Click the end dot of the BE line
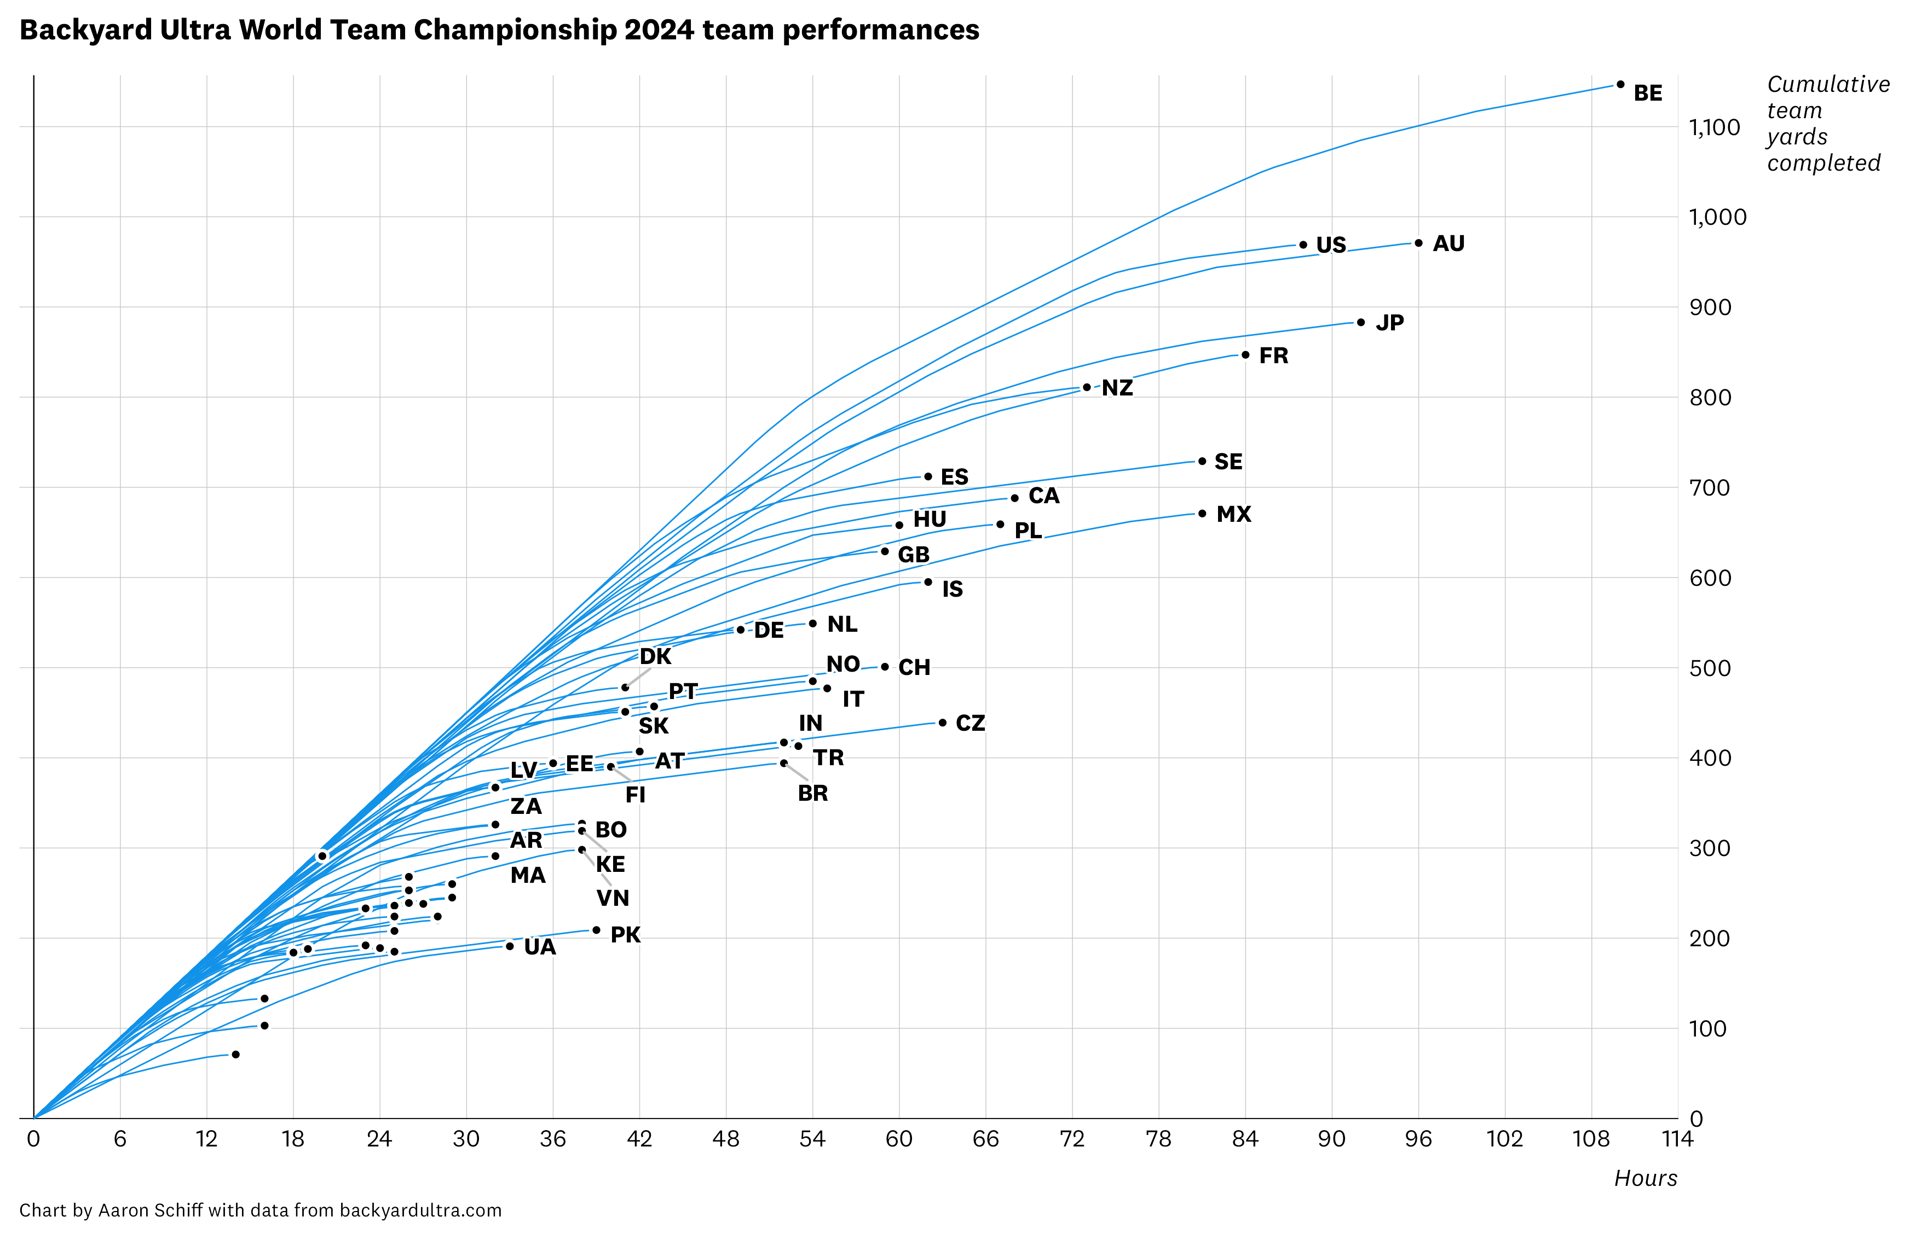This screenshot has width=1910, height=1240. [x=1620, y=84]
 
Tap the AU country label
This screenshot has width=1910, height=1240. [x=1449, y=244]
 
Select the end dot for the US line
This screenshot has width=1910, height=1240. [x=1303, y=244]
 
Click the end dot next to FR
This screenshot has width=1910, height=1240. [x=1245, y=354]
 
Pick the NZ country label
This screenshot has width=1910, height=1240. [x=1117, y=388]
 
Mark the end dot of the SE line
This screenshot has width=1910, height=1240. [x=1202, y=461]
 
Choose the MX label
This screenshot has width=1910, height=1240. [x=1233, y=514]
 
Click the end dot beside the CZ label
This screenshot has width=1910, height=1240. [x=943, y=723]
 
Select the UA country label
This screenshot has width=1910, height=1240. [x=540, y=947]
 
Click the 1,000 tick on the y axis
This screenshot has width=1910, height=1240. [x=1717, y=217]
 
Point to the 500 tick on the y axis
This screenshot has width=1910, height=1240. [x=1710, y=668]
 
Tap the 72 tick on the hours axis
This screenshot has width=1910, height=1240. [x=1072, y=1139]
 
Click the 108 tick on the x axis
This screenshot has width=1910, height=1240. [x=1591, y=1139]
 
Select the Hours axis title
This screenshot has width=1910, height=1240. [x=1645, y=1178]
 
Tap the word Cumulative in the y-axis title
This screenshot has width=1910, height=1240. [x=1828, y=84]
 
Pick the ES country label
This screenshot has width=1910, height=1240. [x=954, y=477]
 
